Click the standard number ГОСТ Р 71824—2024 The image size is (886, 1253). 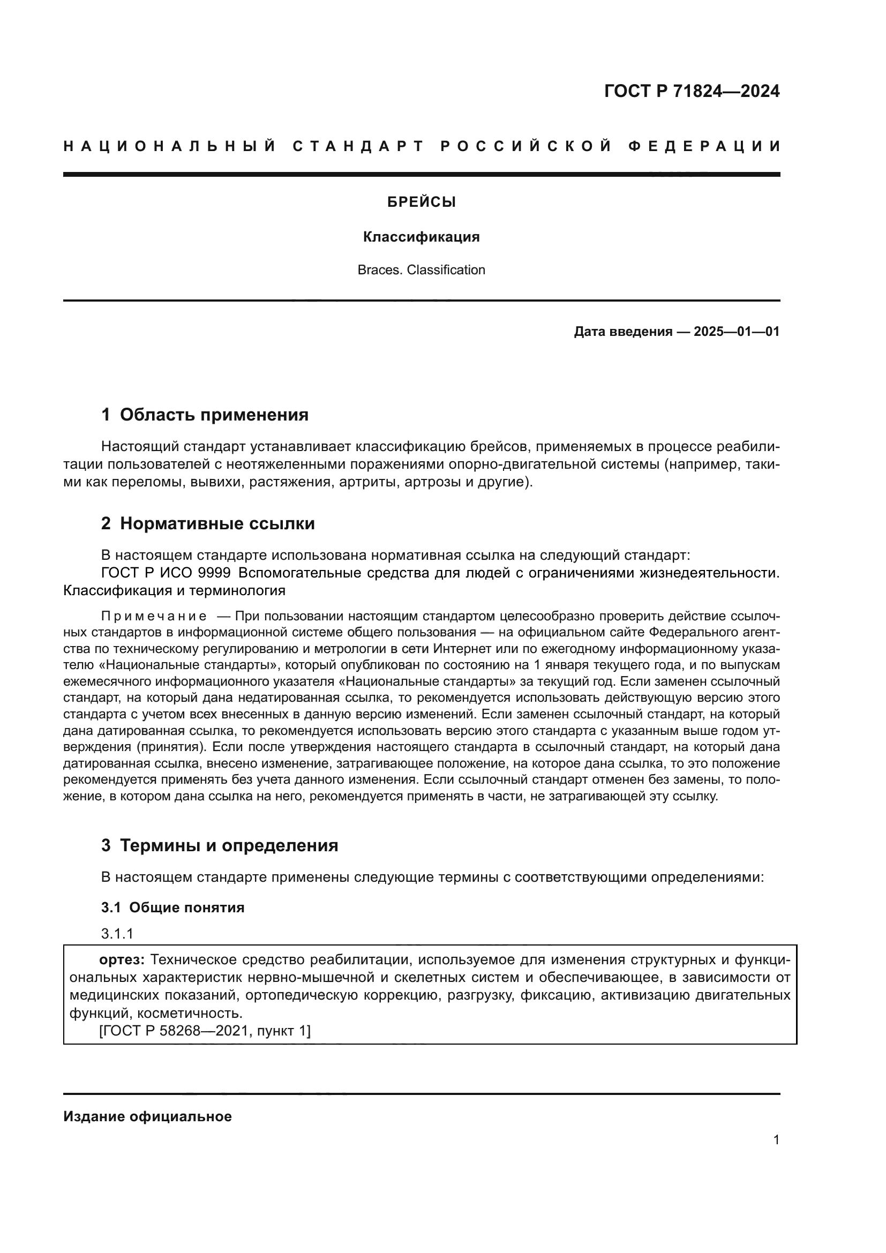pyautogui.click(x=691, y=91)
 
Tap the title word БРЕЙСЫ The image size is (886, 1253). pyautogui.click(x=421, y=202)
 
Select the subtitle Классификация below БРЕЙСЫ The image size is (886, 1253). pyautogui.click(x=421, y=237)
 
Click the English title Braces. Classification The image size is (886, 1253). pyautogui.click(x=421, y=270)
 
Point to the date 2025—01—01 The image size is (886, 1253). pyautogui.click(x=736, y=332)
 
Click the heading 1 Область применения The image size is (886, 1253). pyautogui.click(x=205, y=415)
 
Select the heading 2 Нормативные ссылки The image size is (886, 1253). pyautogui.click(x=208, y=524)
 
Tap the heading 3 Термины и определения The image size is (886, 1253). pyautogui.click(x=219, y=846)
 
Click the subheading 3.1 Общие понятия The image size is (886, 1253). pyautogui.click(x=172, y=907)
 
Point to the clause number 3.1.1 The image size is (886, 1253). pyautogui.click(x=117, y=934)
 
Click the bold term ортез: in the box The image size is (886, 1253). pyautogui.click(x=122, y=960)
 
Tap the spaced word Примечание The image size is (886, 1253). pyautogui.click(x=154, y=617)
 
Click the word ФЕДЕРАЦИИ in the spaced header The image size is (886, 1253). pyautogui.click(x=704, y=147)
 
